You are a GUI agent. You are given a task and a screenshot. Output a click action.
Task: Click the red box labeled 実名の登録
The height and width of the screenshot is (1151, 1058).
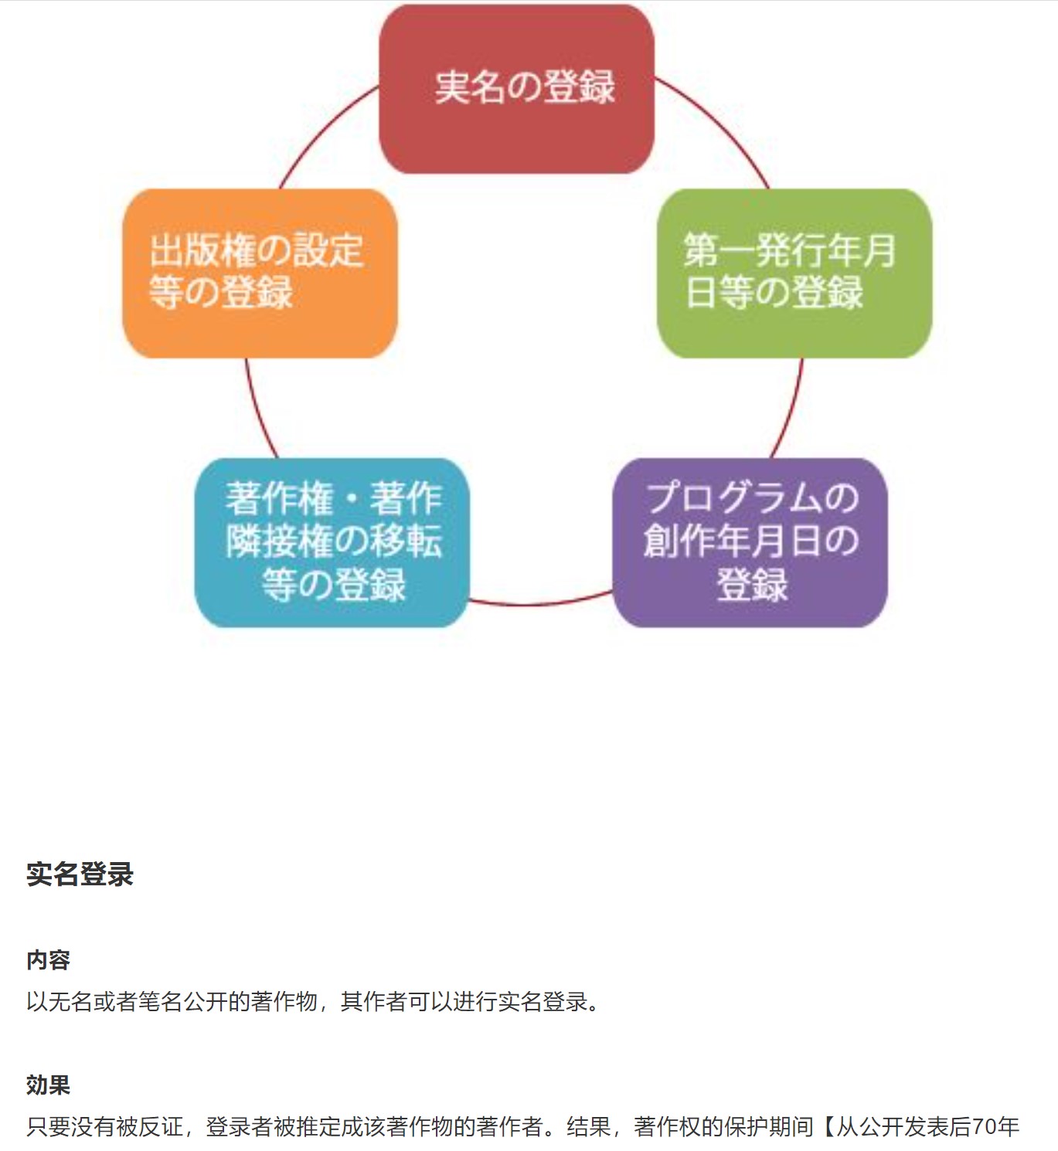tap(517, 89)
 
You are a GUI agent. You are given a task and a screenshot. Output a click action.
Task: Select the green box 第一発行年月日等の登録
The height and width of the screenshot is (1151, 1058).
tap(794, 273)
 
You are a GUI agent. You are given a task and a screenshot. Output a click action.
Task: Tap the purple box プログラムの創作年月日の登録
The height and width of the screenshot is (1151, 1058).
tap(750, 542)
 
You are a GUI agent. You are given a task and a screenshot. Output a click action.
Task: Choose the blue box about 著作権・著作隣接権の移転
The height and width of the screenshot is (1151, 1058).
tap(332, 542)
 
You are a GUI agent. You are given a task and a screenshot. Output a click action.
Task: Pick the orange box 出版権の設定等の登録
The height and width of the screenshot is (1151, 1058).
tap(260, 273)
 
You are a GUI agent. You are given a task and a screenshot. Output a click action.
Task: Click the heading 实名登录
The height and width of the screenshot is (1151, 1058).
tap(80, 874)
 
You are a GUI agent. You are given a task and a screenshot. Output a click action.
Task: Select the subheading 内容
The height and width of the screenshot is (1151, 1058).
tap(48, 960)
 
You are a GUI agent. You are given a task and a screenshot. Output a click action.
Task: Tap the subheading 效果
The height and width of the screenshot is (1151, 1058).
tap(48, 1085)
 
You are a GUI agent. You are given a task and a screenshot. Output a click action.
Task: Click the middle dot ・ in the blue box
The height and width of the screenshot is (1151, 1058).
tap(351, 499)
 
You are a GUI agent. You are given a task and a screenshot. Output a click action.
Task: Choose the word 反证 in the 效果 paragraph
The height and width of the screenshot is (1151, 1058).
tap(161, 1127)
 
